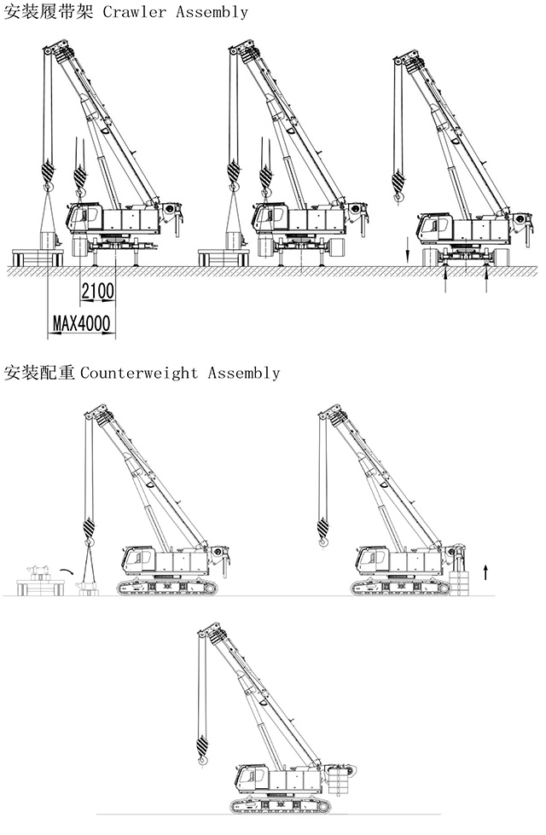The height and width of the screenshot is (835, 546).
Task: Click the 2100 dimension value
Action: click(x=97, y=292)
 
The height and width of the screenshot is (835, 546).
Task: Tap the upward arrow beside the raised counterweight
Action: click(x=485, y=571)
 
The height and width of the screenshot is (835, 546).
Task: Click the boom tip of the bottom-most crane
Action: click(x=211, y=632)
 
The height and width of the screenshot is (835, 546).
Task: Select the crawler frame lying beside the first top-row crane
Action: click(x=37, y=257)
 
